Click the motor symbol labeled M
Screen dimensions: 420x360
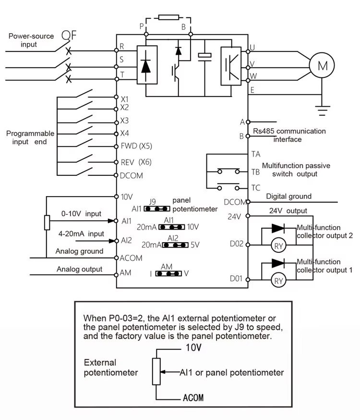coord(323,66)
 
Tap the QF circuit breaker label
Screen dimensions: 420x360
coord(69,36)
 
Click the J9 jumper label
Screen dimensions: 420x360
coord(153,201)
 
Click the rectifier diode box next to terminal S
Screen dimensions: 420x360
coord(145,65)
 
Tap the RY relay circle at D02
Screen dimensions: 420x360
coord(278,246)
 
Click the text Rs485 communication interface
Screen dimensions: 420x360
coord(289,135)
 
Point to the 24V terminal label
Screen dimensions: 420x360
coord(234,216)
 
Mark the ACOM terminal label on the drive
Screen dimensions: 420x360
coord(132,258)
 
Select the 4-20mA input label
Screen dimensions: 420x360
coord(81,234)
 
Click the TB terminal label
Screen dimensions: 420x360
coord(256,171)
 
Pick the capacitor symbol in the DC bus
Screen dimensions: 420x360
coord(204,56)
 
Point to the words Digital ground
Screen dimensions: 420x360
coord(288,196)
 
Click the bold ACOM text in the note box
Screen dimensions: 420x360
coord(193,398)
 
